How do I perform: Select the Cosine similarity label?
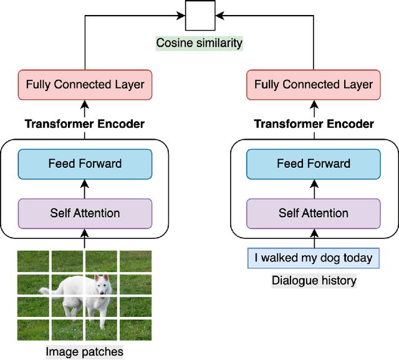click(199, 43)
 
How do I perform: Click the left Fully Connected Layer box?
click(85, 84)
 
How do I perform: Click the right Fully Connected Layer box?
click(314, 84)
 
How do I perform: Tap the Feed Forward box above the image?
click(85, 163)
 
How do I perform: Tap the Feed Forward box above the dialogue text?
click(314, 163)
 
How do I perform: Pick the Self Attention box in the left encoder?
click(85, 213)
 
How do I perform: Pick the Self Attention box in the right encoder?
click(314, 213)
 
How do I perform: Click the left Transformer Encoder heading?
click(85, 124)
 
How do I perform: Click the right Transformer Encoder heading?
click(314, 124)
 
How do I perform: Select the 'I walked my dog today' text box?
click(314, 258)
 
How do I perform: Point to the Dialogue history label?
click(314, 281)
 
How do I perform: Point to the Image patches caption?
click(85, 352)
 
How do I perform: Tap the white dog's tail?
click(46, 290)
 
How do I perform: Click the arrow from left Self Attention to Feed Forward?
click(85, 189)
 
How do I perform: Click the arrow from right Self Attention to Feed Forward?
click(314, 189)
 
